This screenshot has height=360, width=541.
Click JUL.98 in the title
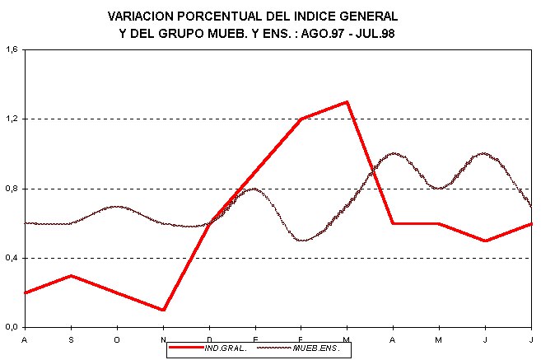click(x=389, y=34)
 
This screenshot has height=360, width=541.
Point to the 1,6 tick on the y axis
click(x=12, y=49)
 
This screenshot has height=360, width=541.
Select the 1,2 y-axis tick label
click(x=12, y=119)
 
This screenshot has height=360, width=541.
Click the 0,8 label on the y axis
click(x=12, y=189)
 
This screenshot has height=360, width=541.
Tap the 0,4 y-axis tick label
click(x=12, y=258)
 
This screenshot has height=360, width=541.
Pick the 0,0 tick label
click(x=12, y=328)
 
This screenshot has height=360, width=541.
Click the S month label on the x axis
click(x=71, y=339)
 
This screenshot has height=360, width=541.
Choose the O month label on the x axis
click(x=117, y=339)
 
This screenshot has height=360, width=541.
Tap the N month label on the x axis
click(x=163, y=339)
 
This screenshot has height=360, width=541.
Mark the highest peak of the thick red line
click(x=347, y=102)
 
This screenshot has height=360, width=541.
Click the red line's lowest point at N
click(x=163, y=310)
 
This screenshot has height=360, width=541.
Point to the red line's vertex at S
click(x=71, y=275)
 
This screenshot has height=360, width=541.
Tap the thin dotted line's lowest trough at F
click(x=302, y=241)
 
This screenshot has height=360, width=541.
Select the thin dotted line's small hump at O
click(x=117, y=206)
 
